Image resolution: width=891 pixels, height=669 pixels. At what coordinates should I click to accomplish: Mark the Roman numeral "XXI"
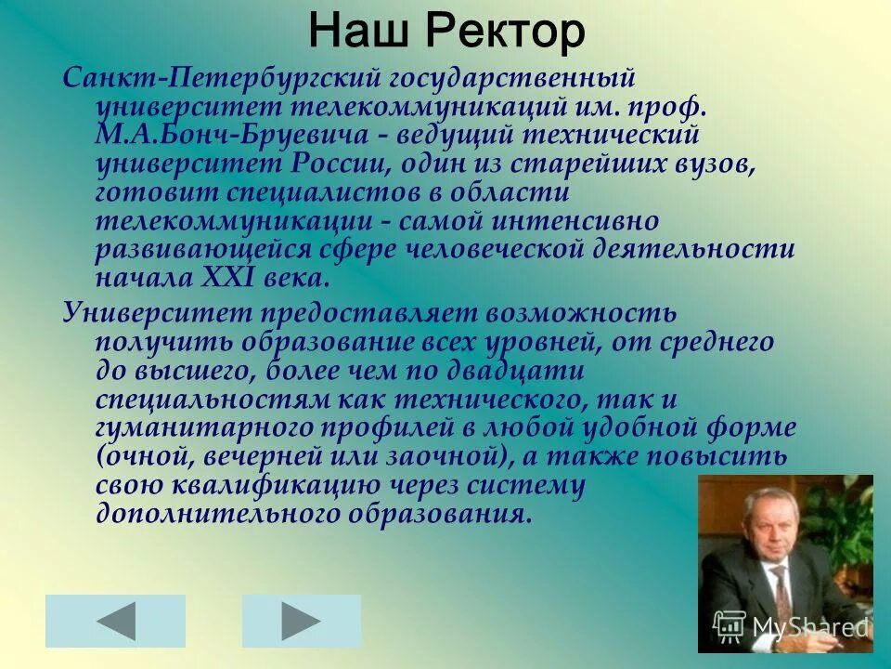tap(226, 279)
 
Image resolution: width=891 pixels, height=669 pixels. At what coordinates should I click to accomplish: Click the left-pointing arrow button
tap(115, 621)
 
